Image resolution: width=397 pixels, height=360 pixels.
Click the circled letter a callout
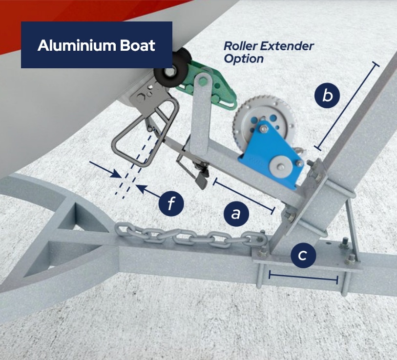[236, 214]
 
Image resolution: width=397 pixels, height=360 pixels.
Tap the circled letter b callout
[327, 96]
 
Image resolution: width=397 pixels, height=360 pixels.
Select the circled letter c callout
[303, 255]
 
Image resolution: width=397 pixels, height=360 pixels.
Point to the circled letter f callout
[171, 203]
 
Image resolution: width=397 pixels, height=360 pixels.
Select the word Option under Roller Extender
[244, 59]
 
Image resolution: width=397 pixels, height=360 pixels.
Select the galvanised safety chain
[190, 234]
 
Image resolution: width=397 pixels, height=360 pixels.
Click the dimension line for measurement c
[303, 277]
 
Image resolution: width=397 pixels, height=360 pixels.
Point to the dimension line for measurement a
[244, 196]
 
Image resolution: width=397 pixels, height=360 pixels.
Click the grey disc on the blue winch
[280, 167]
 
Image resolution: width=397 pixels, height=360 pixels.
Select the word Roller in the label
[240, 46]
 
